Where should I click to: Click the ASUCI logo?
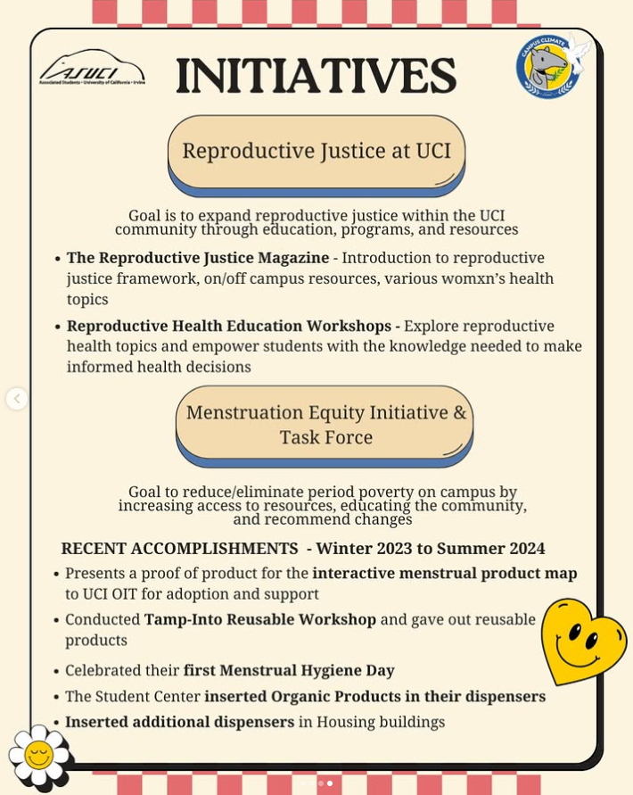pyautogui.click(x=92, y=68)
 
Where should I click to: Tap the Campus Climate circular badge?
pyautogui.click(x=548, y=67)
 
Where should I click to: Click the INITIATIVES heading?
pyautogui.click(x=316, y=76)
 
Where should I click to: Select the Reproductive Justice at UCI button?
pyautogui.click(x=316, y=151)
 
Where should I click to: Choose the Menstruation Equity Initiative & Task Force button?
pyautogui.click(x=325, y=425)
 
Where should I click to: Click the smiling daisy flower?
pyautogui.click(x=38, y=756)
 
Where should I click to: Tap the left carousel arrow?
pyautogui.click(x=17, y=399)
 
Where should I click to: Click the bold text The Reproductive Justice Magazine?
pyautogui.click(x=198, y=258)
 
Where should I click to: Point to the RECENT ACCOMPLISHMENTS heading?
pyautogui.click(x=179, y=549)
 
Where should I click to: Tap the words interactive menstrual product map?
pyautogui.click(x=445, y=573)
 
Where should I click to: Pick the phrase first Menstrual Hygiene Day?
pyautogui.click(x=289, y=670)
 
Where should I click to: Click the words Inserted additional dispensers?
pyautogui.click(x=179, y=722)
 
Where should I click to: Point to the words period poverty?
pyautogui.click(x=374, y=493)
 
